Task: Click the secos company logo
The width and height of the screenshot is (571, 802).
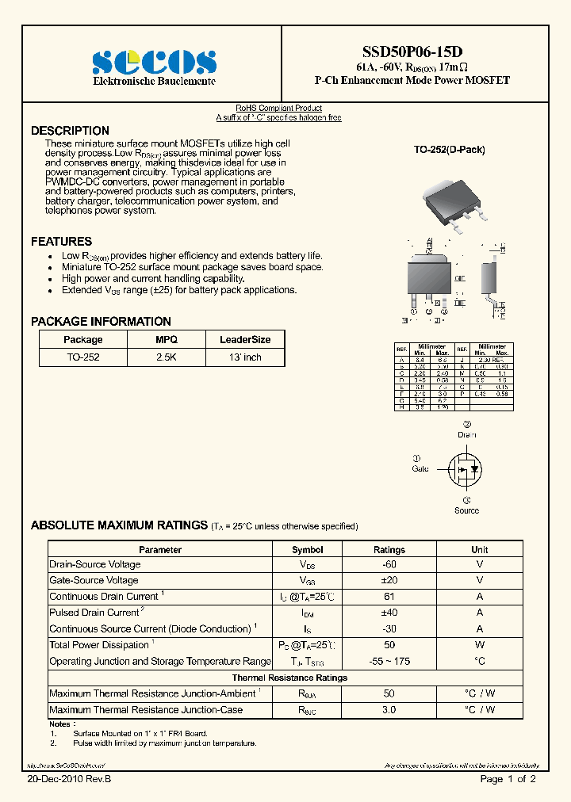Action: pos(154,62)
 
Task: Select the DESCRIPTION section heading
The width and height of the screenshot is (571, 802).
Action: pos(70,131)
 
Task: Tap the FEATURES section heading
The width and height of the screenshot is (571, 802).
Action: pos(61,242)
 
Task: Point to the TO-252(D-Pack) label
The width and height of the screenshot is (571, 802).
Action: pos(449,149)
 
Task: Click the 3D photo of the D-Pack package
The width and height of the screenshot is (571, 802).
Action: pos(449,203)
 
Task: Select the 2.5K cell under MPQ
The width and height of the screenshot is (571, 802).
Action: pos(166,357)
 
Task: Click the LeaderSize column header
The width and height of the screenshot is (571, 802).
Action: pos(245,339)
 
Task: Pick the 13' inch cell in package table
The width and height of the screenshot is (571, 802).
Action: pos(245,357)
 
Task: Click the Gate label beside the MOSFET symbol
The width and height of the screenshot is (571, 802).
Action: pos(420,468)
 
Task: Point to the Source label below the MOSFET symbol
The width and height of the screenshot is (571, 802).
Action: pos(466,510)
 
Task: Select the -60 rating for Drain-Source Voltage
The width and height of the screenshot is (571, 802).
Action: pos(389,564)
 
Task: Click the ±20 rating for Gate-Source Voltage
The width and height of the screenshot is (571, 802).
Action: pos(389,580)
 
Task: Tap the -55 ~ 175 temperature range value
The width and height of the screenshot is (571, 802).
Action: pos(389,661)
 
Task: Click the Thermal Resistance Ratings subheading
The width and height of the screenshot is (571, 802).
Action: pos(289,678)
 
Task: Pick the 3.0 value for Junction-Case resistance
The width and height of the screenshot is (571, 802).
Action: pos(389,710)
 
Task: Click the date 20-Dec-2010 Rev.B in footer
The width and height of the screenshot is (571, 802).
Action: pos(69,780)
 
